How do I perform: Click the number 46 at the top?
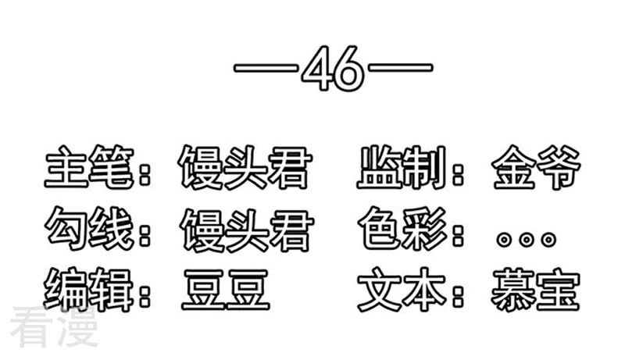tap(333, 69)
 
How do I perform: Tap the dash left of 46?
tap(266, 68)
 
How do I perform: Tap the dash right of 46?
tap(401, 67)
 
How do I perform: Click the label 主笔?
tap(89, 167)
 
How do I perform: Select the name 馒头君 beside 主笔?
tap(245, 167)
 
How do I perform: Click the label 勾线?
tap(89, 229)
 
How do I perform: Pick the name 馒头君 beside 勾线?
tap(246, 230)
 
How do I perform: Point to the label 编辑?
tap(88, 289)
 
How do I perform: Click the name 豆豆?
tap(226, 290)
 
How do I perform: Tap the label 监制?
tap(402, 167)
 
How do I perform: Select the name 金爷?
tap(537, 167)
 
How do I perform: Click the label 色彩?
tap(402, 228)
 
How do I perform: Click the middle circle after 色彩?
tap(527, 240)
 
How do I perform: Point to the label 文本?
tap(402, 289)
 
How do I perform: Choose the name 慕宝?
tap(535, 290)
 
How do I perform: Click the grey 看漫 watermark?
tap(54, 326)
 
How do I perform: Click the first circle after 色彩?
tap(504, 240)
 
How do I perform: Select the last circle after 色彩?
tap(549, 240)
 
